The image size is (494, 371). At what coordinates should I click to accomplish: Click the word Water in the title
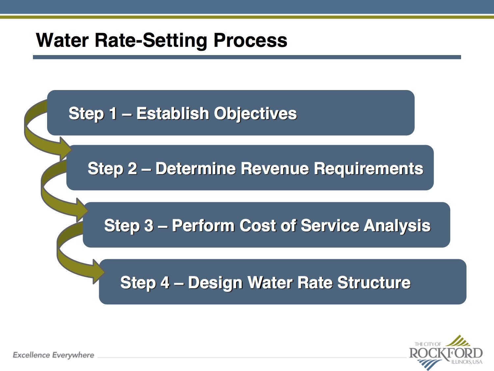coord(62,40)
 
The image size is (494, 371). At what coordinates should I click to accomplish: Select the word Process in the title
coord(250,40)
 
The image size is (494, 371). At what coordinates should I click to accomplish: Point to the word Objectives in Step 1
coord(255,114)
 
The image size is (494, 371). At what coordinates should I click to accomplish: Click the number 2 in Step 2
coord(132,168)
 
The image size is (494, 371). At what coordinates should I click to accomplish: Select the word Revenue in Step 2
coord(275,168)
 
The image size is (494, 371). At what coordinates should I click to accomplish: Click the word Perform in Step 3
coord(203,225)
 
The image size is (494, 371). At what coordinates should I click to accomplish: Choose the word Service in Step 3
coord(330,225)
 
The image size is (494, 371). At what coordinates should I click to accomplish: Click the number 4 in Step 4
coord(165,283)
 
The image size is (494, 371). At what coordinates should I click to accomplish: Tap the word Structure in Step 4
coord(374,283)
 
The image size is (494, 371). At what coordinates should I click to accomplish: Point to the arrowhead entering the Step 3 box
coord(82,210)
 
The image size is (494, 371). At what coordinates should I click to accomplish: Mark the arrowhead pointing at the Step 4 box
coord(99,272)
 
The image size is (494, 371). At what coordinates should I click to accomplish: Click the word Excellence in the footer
coord(31,355)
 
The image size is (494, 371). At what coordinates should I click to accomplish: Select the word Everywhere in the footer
coord(73,356)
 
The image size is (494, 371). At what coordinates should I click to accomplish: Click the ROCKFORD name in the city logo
coord(446,353)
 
